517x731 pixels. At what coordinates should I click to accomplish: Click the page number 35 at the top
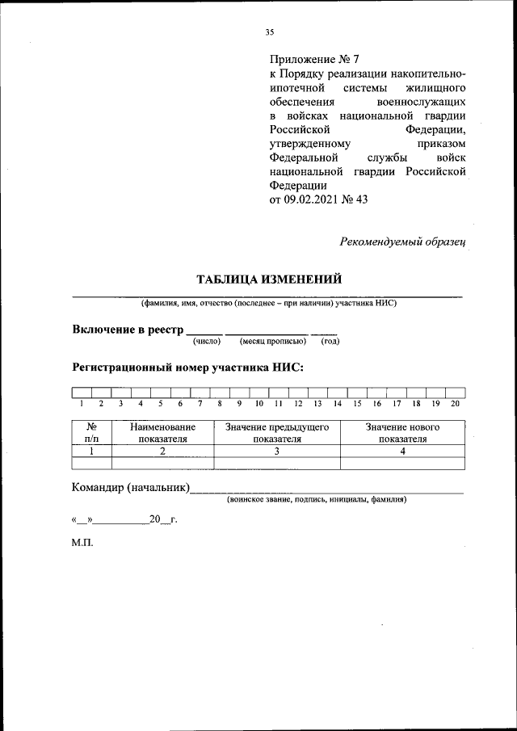tap(270, 32)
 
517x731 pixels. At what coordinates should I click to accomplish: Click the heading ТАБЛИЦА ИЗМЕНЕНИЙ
tap(269, 279)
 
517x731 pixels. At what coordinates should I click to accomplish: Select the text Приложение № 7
tap(318, 59)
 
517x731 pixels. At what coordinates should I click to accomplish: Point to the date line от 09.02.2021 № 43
tap(318, 200)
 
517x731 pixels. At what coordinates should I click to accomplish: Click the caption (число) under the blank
tap(206, 342)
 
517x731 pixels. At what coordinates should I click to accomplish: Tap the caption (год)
tap(330, 342)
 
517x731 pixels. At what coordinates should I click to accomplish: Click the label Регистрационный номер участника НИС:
tap(188, 367)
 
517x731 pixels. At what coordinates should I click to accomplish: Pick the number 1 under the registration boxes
tap(82, 403)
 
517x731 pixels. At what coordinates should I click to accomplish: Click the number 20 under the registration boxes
tap(455, 403)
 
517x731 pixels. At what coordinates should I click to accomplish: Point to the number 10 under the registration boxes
tap(258, 403)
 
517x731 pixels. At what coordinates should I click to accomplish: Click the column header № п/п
tap(91, 432)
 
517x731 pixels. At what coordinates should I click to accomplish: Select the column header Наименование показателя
tap(162, 432)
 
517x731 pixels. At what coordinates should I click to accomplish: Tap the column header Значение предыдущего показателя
tap(277, 432)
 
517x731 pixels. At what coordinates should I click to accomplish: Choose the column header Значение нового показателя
tap(402, 432)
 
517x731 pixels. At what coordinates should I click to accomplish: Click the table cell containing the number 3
tap(277, 452)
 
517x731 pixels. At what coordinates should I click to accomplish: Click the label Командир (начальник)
tap(131, 487)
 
